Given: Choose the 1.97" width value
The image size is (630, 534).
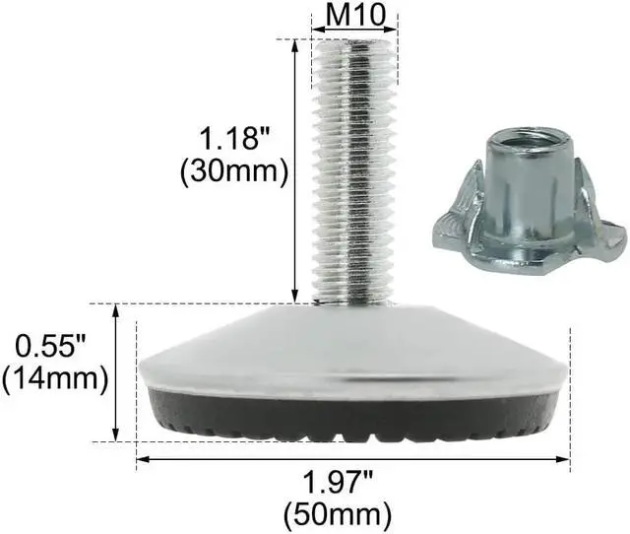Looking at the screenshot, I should tap(351, 483).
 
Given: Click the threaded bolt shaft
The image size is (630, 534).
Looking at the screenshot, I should tap(358, 167).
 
